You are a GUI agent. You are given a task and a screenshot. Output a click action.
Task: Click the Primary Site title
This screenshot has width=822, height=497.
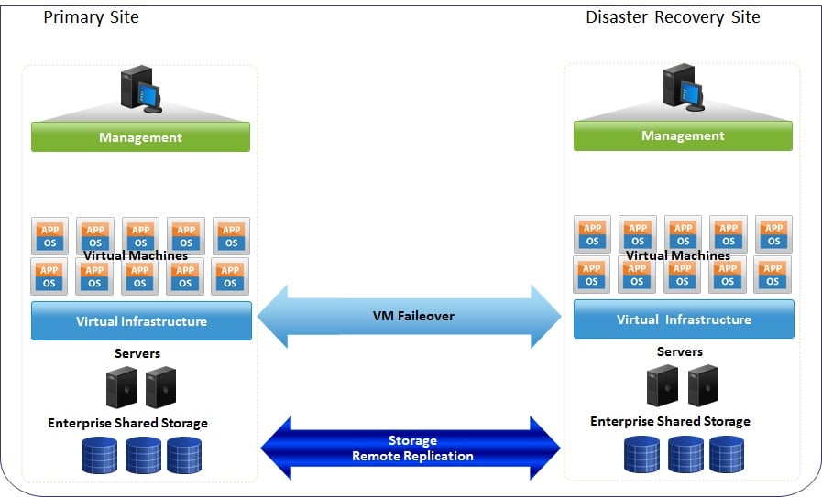pos(92,16)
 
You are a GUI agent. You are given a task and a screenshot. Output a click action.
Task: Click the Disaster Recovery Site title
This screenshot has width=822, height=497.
pos(673,16)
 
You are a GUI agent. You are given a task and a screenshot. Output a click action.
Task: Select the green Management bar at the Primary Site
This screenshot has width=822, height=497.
pos(140,137)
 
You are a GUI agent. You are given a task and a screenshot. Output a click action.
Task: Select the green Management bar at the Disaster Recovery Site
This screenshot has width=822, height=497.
pos(683,135)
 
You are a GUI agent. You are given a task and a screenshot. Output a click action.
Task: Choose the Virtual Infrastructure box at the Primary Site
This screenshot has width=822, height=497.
pos(141,321)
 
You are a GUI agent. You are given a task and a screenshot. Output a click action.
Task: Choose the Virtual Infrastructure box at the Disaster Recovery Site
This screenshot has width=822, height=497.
pos(684,319)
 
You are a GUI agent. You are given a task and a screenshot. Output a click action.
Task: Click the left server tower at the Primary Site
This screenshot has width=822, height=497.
pos(122,387)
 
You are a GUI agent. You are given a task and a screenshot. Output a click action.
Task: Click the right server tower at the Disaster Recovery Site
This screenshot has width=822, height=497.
pos(703,385)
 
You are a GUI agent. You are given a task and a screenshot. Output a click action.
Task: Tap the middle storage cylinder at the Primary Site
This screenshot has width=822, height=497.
pos(144,455)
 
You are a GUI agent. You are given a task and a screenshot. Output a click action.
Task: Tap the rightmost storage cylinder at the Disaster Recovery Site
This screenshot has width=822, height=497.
pos(727,453)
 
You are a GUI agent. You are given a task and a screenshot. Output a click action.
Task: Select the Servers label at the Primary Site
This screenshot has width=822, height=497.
pos(137,353)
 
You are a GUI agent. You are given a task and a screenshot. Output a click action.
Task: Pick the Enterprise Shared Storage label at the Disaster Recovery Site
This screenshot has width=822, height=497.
pos(670,421)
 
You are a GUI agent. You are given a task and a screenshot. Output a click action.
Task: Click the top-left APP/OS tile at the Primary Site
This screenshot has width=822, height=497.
pos(49,236)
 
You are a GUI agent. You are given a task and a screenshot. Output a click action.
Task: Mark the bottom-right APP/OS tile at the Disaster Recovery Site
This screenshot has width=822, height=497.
pos(773,275)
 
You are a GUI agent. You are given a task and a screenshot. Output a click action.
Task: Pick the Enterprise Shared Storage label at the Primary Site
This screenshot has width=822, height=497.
pos(127,423)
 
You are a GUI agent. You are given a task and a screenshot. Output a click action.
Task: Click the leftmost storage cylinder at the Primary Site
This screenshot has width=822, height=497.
pos(99,455)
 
